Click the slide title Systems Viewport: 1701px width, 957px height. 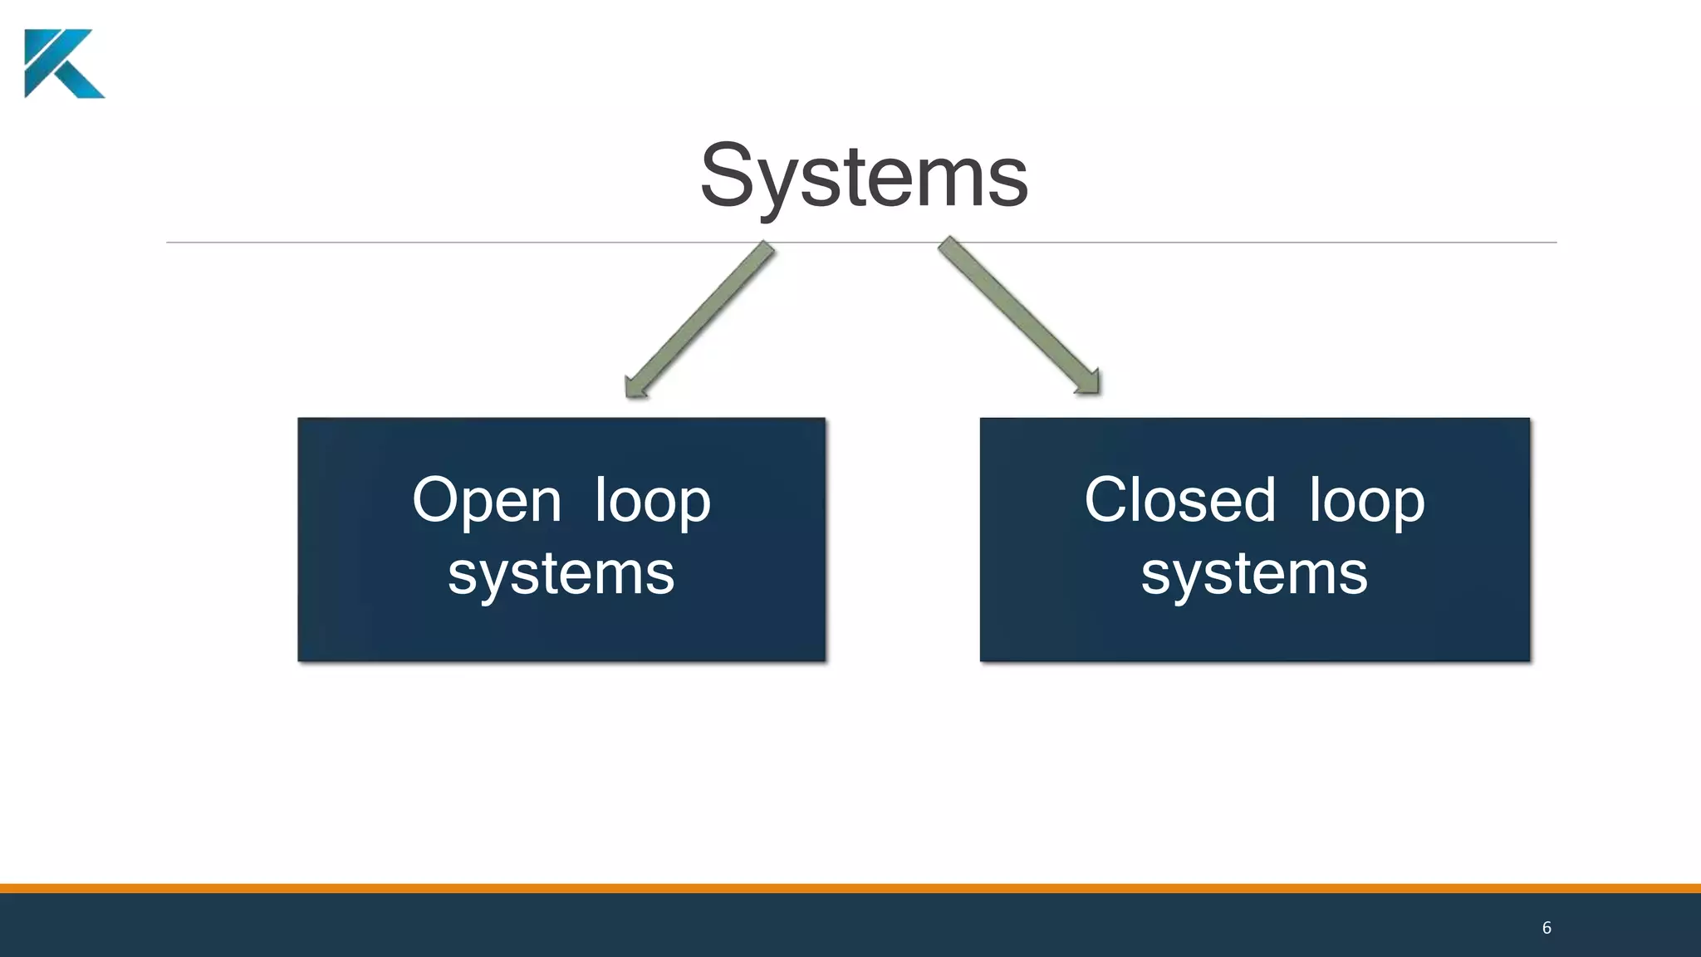864,176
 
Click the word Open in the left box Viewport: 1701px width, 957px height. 487,501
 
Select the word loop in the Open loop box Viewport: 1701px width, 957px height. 653,501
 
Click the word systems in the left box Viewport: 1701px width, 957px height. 561,573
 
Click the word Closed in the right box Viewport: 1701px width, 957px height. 1179,501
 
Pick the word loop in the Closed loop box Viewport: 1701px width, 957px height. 1366,501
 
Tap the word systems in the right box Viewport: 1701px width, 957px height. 1253,573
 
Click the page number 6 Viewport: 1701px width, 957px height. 1547,928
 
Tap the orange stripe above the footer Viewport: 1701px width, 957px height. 850,888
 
